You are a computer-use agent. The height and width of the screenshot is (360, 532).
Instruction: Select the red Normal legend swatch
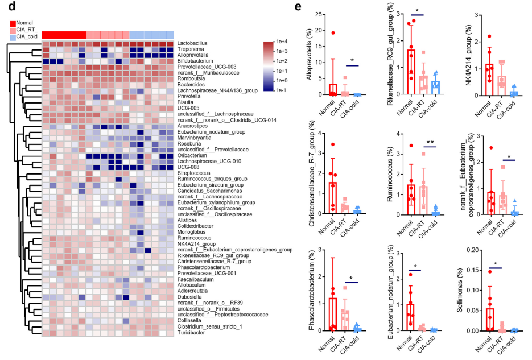point(13,23)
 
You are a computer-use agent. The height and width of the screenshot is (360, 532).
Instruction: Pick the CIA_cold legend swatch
point(13,38)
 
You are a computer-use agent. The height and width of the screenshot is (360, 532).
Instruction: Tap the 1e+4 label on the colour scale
point(284,41)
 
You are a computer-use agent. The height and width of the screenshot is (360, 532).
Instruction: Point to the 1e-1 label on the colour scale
point(284,92)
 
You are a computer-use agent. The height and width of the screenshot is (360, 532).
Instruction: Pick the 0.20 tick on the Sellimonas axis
point(488,250)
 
